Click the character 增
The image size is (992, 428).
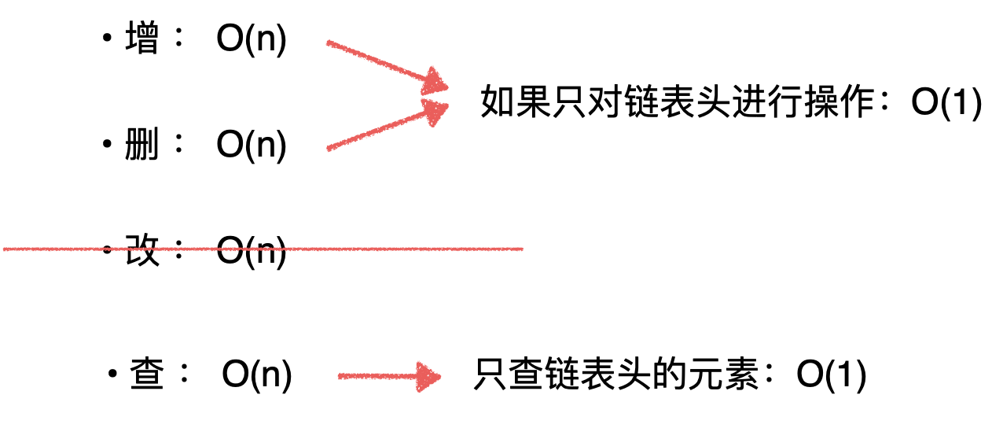(x=141, y=40)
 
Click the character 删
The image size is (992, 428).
(x=141, y=146)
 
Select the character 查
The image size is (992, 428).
(x=147, y=376)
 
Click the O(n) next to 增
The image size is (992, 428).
(x=252, y=41)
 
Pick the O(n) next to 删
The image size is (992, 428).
(x=252, y=146)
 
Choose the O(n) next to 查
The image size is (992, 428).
(x=257, y=377)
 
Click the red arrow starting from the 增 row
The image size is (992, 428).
(x=385, y=65)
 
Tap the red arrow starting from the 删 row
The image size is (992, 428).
(x=385, y=126)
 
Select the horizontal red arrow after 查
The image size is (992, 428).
(x=389, y=378)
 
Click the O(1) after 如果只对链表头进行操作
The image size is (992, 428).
(x=946, y=103)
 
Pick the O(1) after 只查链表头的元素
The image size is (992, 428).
(x=831, y=376)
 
